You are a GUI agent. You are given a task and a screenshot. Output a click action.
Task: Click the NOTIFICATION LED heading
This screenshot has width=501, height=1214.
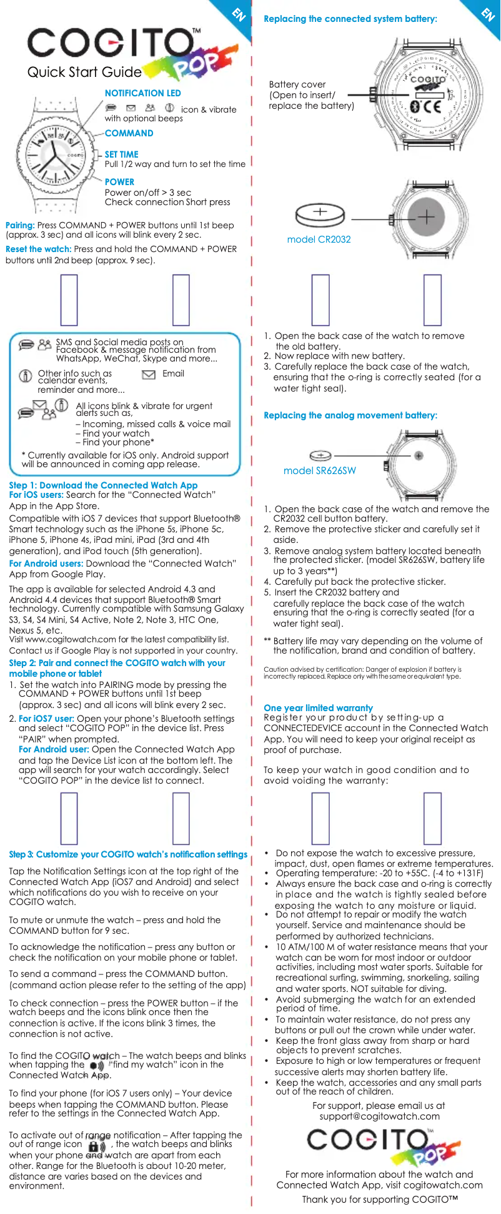click(142, 93)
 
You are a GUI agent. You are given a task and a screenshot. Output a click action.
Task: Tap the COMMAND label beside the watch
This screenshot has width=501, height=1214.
click(129, 133)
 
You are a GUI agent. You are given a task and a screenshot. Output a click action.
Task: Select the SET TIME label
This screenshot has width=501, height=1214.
click(121, 154)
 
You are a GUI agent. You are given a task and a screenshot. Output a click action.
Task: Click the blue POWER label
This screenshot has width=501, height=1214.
click(119, 182)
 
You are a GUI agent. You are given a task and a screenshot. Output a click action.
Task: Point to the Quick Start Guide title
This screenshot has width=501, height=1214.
click(84, 73)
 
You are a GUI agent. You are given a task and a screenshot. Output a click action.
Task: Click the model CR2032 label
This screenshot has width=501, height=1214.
click(319, 240)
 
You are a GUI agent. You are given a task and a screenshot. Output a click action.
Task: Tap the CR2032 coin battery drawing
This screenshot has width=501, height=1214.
click(320, 215)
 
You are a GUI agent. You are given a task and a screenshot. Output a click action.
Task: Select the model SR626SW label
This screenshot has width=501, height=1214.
click(319, 471)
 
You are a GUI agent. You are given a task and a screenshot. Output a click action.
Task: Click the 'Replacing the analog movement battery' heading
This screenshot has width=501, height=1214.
click(350, 415)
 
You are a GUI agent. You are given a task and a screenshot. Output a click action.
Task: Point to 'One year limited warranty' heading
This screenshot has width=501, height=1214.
click(318, 708)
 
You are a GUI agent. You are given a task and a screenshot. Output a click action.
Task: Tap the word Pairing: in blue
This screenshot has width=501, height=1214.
click(20, 225)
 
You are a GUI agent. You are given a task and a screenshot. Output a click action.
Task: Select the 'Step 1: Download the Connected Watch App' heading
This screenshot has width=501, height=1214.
click(103, 485)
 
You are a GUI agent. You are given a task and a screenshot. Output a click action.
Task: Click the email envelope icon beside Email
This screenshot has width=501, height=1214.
click(149, 375)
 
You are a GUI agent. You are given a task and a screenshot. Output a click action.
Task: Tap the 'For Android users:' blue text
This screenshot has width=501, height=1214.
click(46, 564)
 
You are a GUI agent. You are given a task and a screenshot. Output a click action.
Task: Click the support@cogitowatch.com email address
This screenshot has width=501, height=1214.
click(379, 1116)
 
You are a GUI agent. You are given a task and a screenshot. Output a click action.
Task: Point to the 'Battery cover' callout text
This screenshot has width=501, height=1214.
click(297, 84)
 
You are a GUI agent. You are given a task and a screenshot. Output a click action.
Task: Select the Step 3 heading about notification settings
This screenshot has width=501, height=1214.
click(128, 854)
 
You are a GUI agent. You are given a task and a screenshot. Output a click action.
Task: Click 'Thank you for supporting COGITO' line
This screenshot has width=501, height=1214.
click(380, 1199)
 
